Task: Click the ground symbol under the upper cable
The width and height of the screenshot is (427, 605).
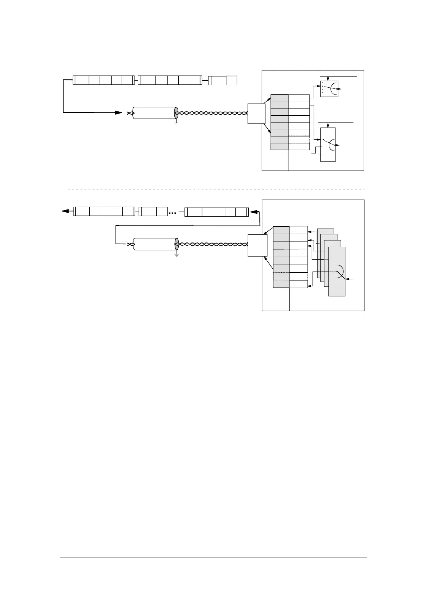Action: coord(176,123)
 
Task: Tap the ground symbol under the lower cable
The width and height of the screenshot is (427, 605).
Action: coord(177,254)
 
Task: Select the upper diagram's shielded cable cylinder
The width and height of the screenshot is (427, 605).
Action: coord(154,113)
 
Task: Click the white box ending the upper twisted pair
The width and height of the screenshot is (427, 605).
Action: coord(257,113)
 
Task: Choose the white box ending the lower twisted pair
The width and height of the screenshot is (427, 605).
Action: coord(257,245)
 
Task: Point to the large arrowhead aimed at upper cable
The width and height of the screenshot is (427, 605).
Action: coord(118,113)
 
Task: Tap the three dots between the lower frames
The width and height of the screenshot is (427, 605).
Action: coord(173,213)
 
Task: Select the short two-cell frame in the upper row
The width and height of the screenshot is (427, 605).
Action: coord(223,80)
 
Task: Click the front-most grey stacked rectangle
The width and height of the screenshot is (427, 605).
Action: coord(337,271)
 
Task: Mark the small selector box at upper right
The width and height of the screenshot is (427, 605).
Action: coord(329,89)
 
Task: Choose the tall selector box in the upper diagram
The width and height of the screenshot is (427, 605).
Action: coord(328,144)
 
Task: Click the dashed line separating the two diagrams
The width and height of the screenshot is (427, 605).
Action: coord(215,188)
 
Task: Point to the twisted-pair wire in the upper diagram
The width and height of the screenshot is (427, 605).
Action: coord(212,113)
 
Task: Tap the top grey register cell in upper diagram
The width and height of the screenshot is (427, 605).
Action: coord(280,98)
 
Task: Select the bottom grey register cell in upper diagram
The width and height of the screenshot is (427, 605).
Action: coord(280,147)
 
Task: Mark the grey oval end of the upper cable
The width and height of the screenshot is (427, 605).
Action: coord(176,113)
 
